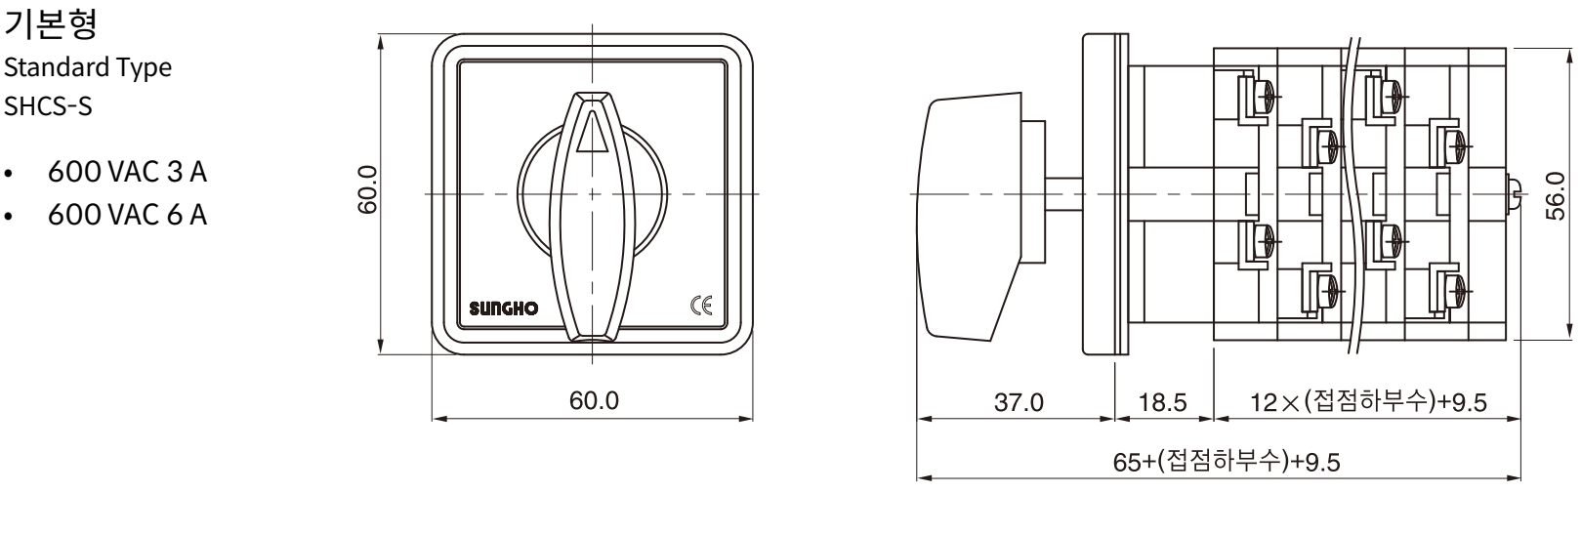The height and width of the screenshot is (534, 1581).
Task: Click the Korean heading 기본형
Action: point(50,23)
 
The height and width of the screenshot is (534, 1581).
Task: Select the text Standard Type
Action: point(88,67)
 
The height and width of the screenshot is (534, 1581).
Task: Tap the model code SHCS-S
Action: point(48,105)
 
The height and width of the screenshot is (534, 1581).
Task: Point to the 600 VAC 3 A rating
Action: point(127,172)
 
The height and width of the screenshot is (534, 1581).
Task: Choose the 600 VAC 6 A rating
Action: point(127,215)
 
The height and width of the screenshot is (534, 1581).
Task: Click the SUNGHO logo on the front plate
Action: point(503,308)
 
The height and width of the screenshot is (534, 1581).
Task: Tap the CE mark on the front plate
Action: point(701,306)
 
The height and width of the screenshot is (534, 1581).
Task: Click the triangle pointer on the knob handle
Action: point(592,133)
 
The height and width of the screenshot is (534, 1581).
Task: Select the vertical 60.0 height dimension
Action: point(368,189)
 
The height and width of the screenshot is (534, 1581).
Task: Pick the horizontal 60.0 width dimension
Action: point(594,400)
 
